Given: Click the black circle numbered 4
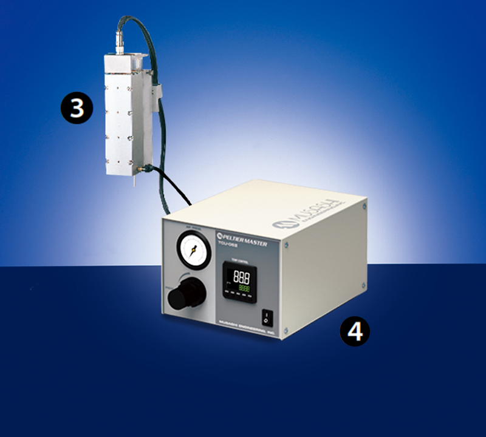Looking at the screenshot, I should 354,331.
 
